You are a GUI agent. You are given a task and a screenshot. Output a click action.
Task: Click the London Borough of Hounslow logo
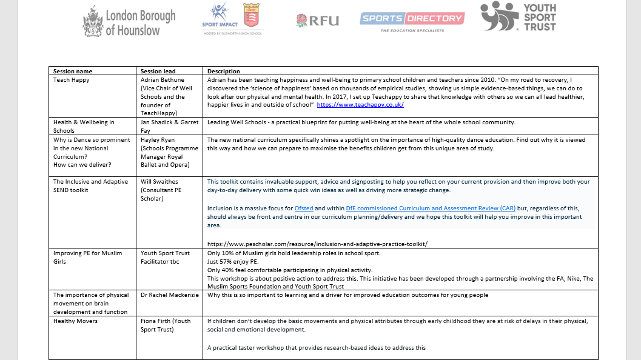pos(129,21)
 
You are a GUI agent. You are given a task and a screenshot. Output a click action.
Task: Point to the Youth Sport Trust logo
pos(519,17)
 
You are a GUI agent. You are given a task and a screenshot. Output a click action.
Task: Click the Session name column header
pos(73,71)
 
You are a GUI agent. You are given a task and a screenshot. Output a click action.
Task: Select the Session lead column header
pos(159,71)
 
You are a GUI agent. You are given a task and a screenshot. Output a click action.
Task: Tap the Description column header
pos(224,71)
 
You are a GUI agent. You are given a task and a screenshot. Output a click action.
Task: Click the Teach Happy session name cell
pos(72,79)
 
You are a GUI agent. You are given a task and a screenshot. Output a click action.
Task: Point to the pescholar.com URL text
pos(317,243)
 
